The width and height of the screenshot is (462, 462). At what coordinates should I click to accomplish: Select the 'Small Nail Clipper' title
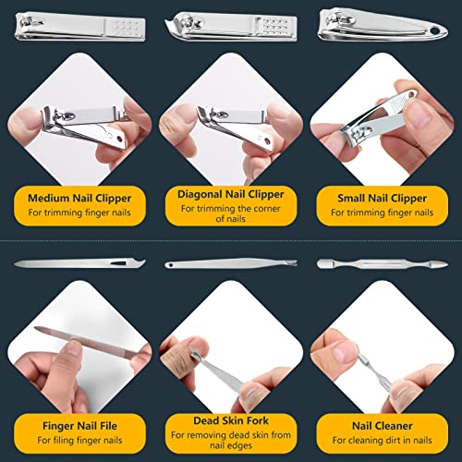tap(384, 196)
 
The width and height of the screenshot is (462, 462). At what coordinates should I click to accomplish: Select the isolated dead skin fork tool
tap(230, 264)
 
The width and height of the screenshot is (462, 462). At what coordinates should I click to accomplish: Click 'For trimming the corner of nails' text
tap(232, 213)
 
